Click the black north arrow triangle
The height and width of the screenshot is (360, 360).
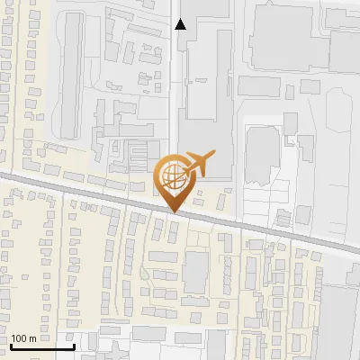[181, 24]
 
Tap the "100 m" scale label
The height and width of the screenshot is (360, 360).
[24, 338]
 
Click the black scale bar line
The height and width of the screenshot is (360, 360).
[41, 346]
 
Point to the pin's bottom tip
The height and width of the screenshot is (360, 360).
[174, 211]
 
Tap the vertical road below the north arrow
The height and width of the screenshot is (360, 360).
[173, 90]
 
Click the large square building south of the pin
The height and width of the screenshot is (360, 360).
[195, 272]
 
